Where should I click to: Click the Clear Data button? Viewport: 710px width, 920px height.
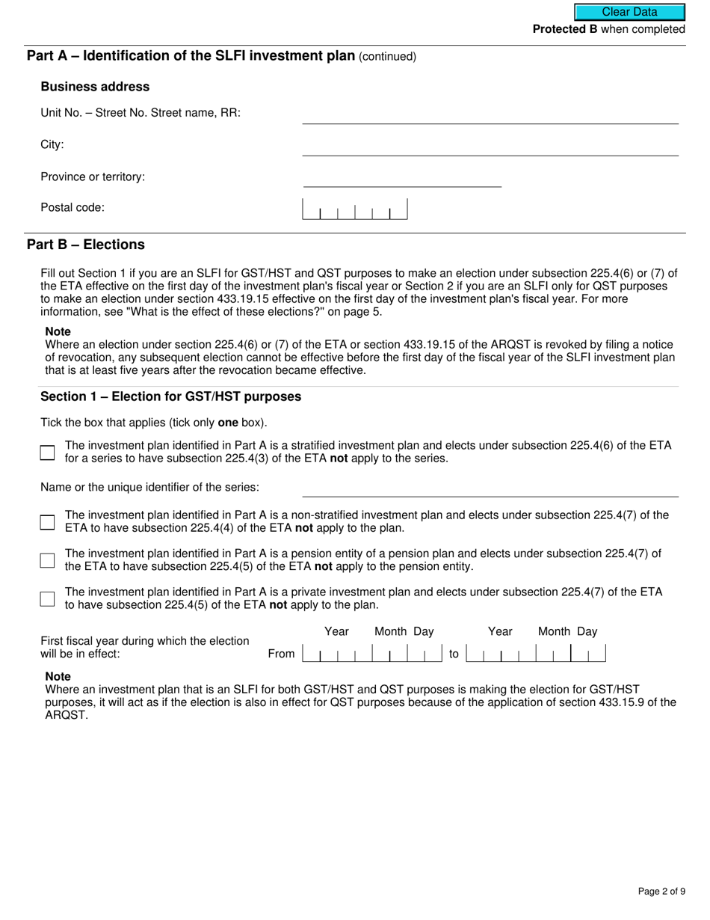[629, 12]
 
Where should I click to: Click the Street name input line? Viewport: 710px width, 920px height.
[490, 115]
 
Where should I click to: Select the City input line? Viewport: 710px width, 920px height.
[490, 147]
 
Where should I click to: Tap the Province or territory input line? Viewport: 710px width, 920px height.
[402, 179]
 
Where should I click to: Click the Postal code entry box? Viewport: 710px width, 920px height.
[354, 209]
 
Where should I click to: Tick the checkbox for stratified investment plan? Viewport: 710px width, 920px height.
[48, 453]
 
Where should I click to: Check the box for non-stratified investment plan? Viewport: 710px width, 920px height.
[48, 522]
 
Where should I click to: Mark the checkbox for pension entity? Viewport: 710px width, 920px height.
[48, 560]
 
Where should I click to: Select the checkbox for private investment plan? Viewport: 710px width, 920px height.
[48, 598]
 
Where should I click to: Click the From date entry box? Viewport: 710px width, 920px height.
[372, 654]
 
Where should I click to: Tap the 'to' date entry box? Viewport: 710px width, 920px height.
[535, 654]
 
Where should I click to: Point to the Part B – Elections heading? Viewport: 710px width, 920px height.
[86, 245]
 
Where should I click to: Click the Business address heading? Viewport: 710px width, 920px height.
[95, 87]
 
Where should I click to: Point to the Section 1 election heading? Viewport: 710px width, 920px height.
[170, 396]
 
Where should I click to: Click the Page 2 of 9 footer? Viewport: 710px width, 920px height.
[661, 891]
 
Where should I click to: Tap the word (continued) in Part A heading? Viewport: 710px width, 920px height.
[387, 57]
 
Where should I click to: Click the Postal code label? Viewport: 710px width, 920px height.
[72, 207]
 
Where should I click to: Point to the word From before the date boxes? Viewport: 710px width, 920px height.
[281, 654]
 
